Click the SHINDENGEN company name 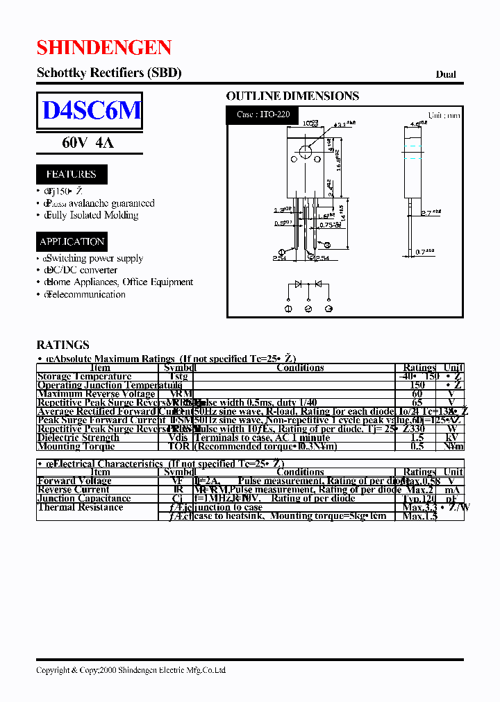click(x=103, y=47)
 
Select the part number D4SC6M click(x=92, y=111)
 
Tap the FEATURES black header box click(x=71, y=174)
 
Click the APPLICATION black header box click(x=72, y=241)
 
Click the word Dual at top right click(x=446, y=74)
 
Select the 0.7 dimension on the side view click(x=424, y=252)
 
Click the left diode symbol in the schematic click(x=298, y=284)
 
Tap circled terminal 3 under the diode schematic click(x=328, y=308)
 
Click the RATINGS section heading click(x=62, y=345)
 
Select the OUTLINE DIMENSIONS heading click(x=292, y=96)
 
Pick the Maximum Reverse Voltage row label click(x=96, y=394)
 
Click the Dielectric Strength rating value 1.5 click(x=417, y=438)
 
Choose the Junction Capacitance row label click(x=84, y=498)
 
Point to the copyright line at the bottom click(x=131, y=670)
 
